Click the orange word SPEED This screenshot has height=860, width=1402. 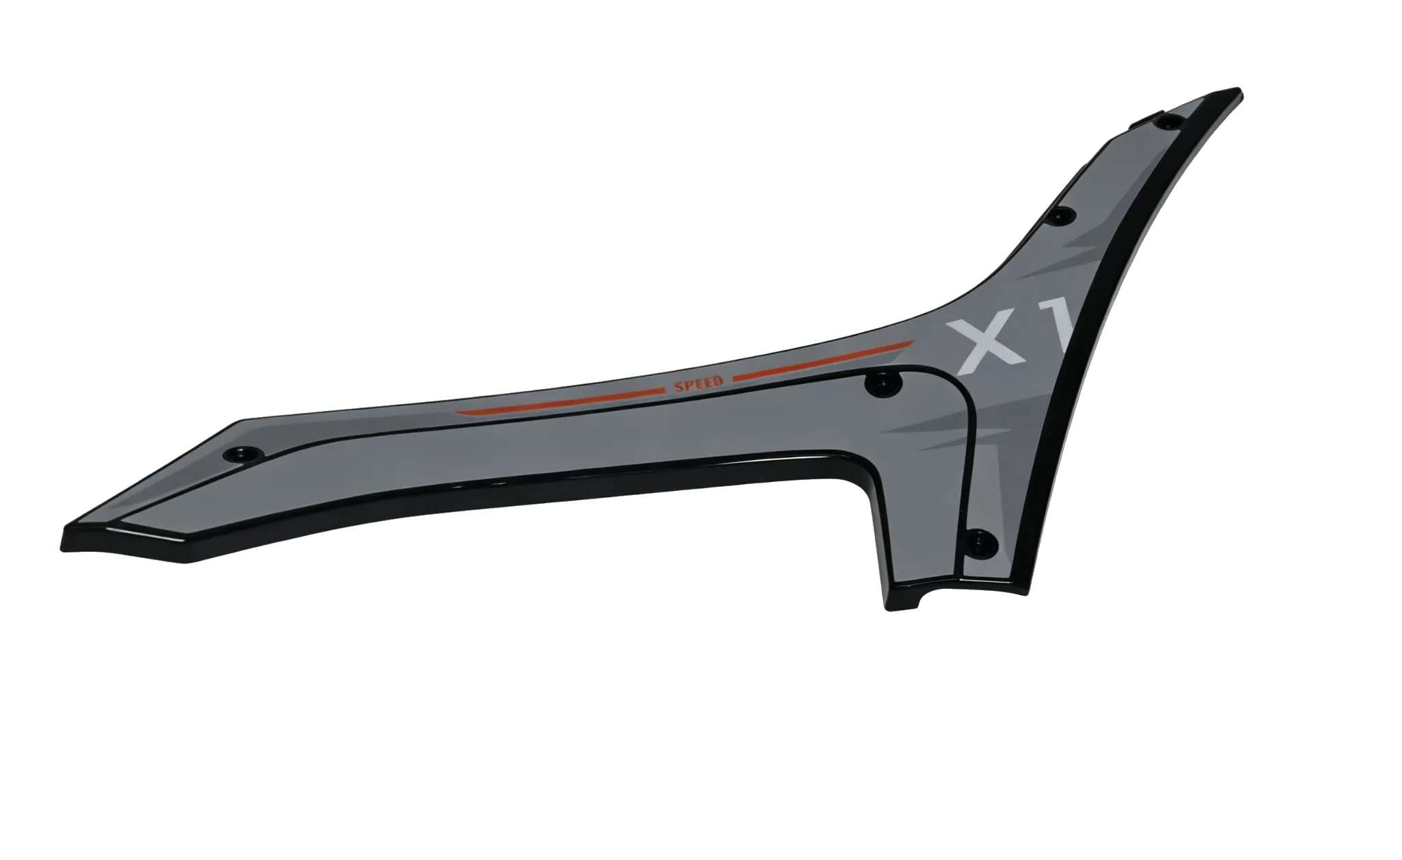click(699, 385)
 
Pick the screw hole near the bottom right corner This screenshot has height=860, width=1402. click(982, 540)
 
